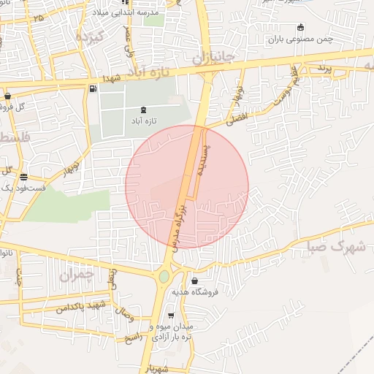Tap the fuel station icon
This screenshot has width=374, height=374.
click(92, 89)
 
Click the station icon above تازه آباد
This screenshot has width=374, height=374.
click(142, 110)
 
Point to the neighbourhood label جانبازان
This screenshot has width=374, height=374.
click(212, 55)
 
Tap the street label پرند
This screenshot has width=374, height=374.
click(323, 68)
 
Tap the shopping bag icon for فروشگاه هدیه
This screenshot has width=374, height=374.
click(194, 281)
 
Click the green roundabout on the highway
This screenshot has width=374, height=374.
click(164, 276)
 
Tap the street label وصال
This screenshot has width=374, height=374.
click(124, 316)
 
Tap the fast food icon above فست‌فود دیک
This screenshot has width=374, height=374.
click(24, 177)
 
